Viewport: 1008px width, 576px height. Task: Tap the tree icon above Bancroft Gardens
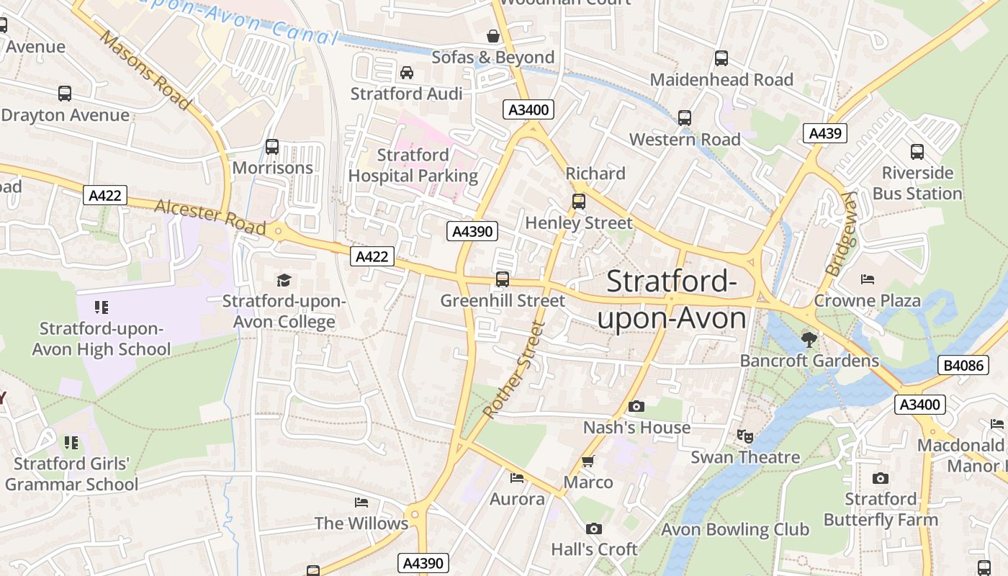[x=809, y=339]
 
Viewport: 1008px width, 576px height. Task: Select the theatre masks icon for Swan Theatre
[x=744, y=436]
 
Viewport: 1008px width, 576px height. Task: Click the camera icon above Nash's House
[x=636, y=407]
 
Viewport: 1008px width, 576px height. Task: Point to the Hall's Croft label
[x=594, y=549]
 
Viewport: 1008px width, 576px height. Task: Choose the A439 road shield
[x=824, y=133]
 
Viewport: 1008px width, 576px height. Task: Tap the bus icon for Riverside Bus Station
[x=917, y=152]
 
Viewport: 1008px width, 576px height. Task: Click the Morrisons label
[x=273, y=168]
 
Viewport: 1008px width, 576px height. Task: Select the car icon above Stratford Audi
[x=406, y=73]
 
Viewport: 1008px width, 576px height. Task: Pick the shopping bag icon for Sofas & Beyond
[x=493, y=36]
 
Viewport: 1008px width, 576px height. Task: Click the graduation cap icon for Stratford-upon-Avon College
[x=284, y=280]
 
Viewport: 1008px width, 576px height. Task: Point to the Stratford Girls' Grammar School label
[x=71, y=474]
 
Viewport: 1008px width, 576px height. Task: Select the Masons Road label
[x=145, y=70]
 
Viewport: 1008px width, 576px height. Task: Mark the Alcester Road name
[x=210, y=217]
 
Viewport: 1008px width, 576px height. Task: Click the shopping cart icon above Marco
[x=588, y=462]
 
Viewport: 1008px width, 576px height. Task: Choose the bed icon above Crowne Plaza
[x=868, y=279]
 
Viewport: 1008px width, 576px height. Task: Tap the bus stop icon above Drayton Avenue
[x=65, y=94]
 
